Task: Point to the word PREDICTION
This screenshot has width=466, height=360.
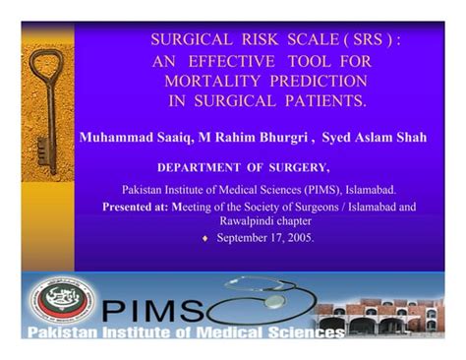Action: pyautogui.click(x=312, y=81)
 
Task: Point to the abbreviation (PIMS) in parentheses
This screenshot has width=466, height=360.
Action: pyautogui.click(x=319, y=189)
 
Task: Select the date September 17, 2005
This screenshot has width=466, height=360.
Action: pyautogui.click(x=265, y=237)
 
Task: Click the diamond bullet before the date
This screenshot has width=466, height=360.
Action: pyautogui.click(x=204, y=238)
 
